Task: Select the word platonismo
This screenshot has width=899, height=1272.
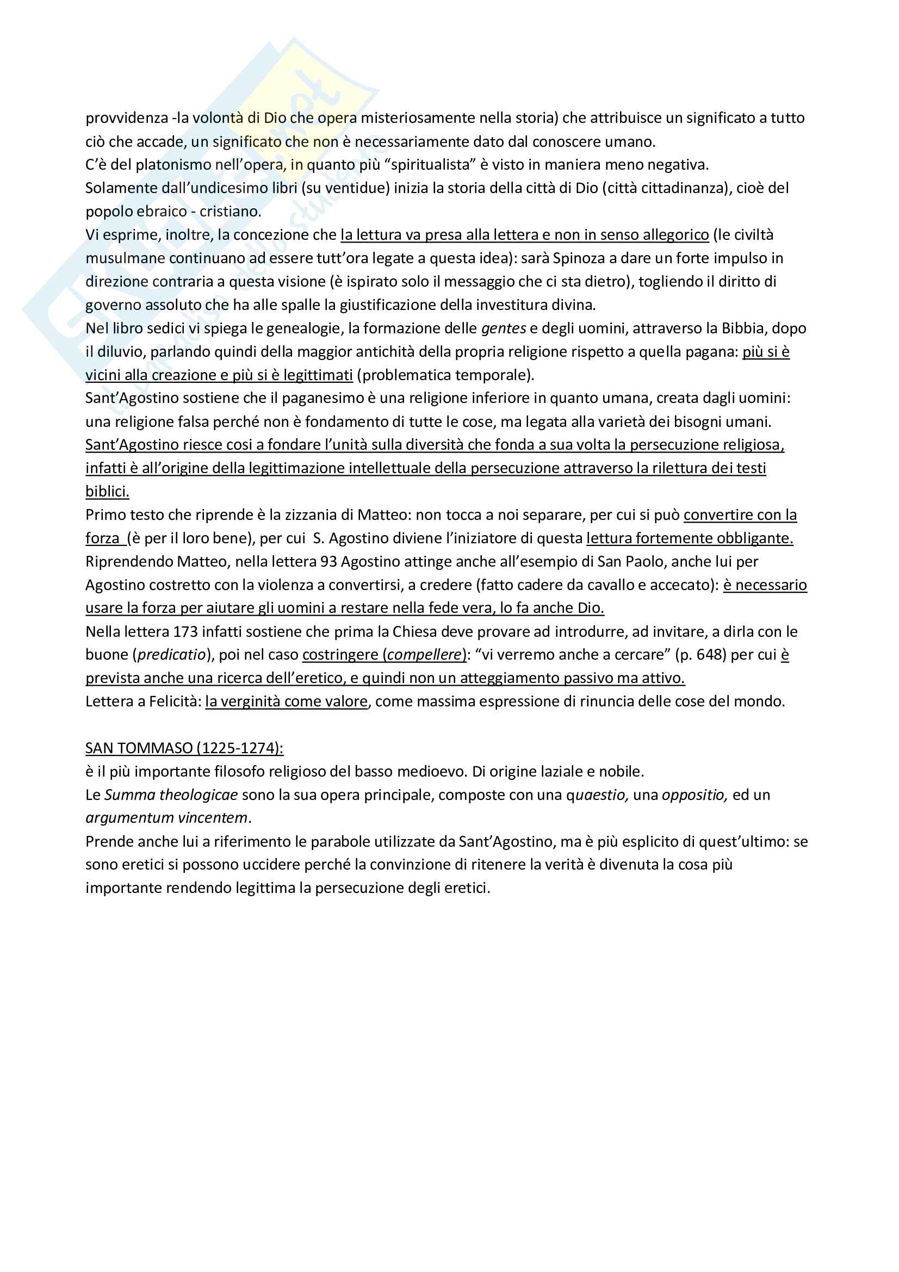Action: pos(171,165)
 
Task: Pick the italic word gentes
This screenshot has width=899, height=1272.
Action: pos(504,328)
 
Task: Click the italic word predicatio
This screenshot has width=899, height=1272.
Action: pos(171,655)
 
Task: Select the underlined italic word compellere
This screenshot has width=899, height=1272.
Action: pos(424,655)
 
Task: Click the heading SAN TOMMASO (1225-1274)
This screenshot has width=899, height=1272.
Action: pos(184,748)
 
